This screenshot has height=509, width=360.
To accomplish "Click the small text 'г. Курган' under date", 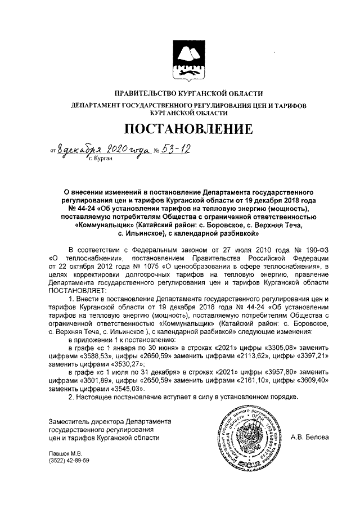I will click(101, 159).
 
